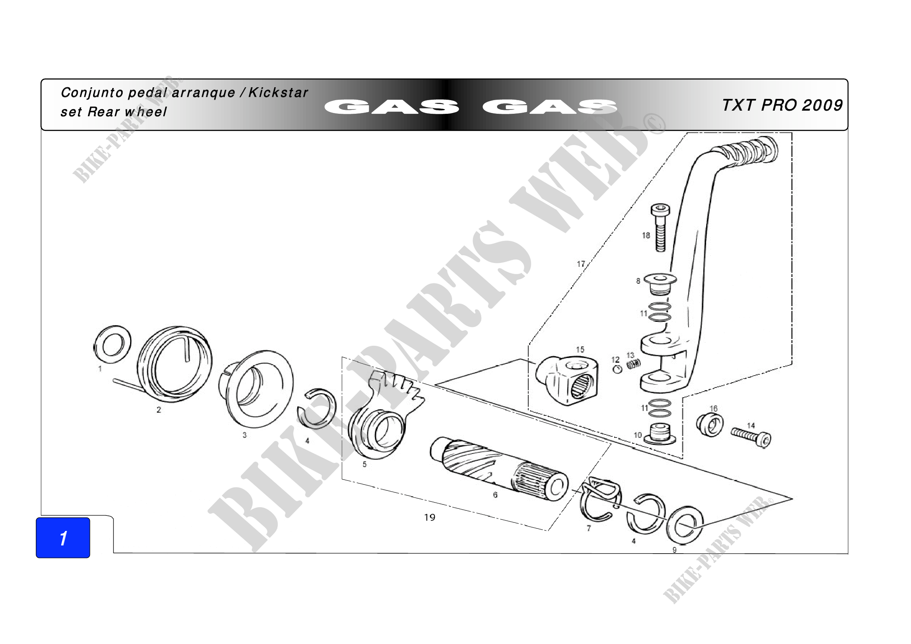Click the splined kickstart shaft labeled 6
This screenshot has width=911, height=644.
(499, 468)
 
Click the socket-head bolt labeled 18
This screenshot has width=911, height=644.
(660, 228)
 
